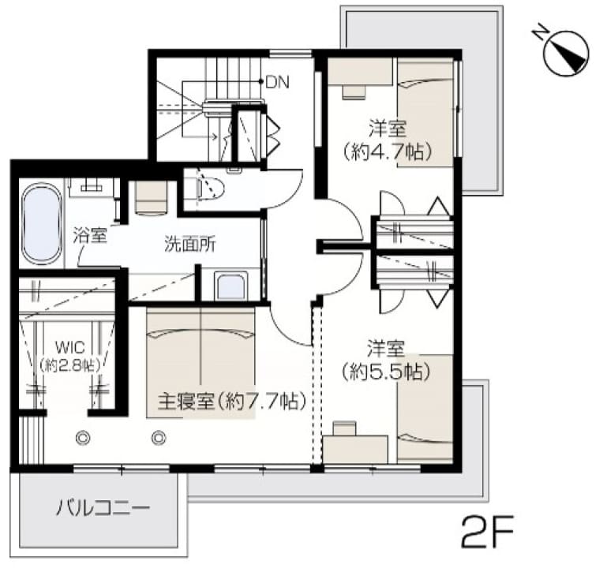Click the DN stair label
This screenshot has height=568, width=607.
[x=277, y=82]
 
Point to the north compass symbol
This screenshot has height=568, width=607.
[x=566, y=52]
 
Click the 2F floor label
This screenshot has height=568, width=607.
[x=487, y=530]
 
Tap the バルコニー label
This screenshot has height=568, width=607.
[x=103, y=507]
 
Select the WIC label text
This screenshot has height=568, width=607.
[x=69, y=346]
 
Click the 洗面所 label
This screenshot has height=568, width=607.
[x=189, y=245]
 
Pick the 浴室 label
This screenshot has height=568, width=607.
[x=90, y=235]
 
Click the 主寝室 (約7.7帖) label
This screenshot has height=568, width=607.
[x=232, y=401]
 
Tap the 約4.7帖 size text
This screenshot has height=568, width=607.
[x=387, y=152]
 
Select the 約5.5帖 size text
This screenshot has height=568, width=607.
[x=386, y=372]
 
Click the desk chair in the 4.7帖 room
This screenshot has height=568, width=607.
[x=354, y=92]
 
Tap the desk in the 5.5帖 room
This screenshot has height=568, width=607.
[x=355, y=449]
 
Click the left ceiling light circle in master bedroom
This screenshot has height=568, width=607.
[x=83, y=438]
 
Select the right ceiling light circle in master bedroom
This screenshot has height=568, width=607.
[x=159, y=438]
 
